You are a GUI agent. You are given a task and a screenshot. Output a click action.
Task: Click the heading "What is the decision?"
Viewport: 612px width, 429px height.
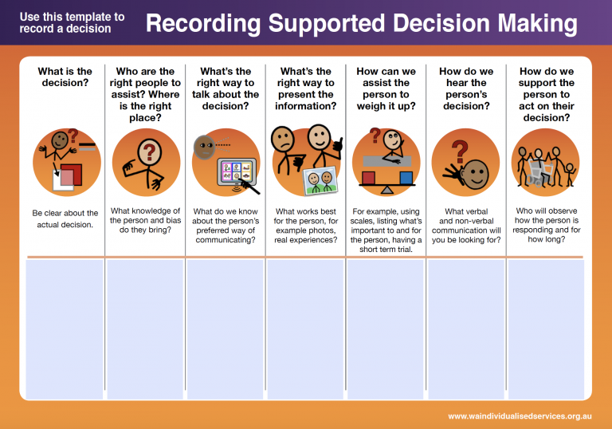point(65,77)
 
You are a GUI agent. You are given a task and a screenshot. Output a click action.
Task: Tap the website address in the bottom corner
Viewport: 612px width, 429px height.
point(520,416)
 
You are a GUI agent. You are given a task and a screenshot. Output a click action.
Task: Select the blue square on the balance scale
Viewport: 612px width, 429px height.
point(406,177)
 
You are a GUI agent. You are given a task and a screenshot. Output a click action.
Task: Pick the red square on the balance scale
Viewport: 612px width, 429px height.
point(368,178)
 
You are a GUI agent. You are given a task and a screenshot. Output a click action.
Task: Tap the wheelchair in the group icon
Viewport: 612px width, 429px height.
point(539,172)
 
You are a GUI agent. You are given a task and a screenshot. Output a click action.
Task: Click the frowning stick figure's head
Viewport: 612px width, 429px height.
point(283,139)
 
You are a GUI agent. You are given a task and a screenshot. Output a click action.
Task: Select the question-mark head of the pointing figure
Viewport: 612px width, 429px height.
point(149,152)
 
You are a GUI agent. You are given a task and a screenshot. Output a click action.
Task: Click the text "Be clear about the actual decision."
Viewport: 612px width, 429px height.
point(65,218)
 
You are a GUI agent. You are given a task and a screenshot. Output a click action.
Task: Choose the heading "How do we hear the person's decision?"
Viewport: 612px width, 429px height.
point(466,89)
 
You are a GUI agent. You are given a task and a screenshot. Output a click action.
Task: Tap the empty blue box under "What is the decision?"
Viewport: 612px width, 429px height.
point(65,329)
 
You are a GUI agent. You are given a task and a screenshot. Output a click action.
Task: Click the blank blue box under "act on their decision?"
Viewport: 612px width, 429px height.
point(546,329)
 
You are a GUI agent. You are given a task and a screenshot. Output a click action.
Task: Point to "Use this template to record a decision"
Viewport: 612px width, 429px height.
point(73,22)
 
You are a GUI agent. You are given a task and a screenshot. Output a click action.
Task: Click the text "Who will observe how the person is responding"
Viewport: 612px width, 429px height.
point(547,220)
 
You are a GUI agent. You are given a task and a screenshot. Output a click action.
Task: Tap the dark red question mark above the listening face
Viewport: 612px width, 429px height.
point(460,152)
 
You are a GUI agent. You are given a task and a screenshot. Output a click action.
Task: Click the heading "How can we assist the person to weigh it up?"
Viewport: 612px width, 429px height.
point(386,89)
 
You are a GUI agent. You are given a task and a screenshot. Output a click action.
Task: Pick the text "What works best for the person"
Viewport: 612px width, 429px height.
point(306,216)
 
